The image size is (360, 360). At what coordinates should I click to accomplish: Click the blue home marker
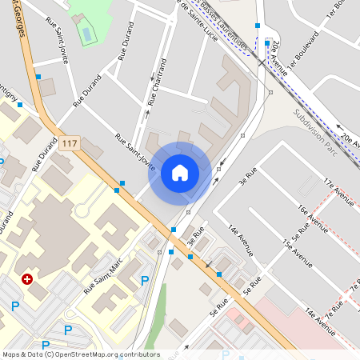pos(180,172)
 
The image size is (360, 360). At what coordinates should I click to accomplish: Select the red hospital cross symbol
pos(27,279)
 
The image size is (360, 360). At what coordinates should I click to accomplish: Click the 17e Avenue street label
pos(338,192)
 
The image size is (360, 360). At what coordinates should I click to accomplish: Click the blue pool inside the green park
pos(86,34)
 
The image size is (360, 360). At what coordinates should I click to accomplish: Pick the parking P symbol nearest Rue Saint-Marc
pos(144,280)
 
